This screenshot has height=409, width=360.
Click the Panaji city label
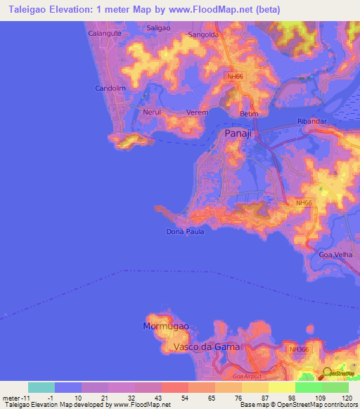238,134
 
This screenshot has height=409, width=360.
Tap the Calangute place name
104,33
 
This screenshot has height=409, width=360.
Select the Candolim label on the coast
109,89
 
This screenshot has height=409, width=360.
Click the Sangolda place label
204,34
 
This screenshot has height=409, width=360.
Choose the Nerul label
152,112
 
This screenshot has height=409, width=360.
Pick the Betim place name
249,114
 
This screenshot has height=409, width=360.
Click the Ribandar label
312,121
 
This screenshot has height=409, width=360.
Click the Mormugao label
166,327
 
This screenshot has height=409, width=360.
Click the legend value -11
13,398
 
